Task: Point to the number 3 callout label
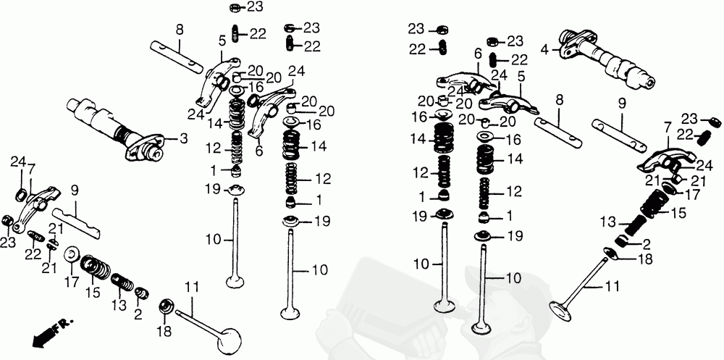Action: pyautogui.click(x=184, y=138)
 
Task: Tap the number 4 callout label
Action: pyautogui.click(x=545, y=49)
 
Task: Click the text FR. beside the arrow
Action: pyautogui.click(x=61, y=326)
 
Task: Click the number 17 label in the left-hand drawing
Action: pyautogui.click(x=72, y=281)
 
